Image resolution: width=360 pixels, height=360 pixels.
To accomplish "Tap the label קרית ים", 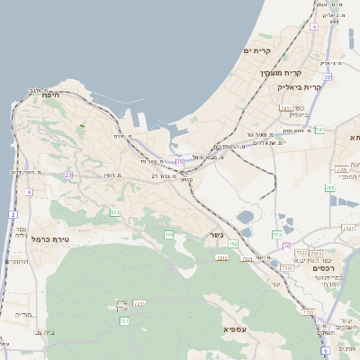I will (257, 51).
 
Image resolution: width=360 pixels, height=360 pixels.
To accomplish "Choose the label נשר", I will (216, 236).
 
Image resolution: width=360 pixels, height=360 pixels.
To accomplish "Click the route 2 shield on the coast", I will (13, 214).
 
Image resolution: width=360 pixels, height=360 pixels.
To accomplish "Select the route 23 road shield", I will (68, 175).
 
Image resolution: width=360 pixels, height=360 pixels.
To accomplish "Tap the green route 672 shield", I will (115, 212).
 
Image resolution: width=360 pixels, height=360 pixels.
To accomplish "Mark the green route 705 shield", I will (168, 234).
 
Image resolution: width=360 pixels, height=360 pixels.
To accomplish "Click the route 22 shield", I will (328, 77).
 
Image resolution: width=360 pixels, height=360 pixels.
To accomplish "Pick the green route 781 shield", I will (319, 130).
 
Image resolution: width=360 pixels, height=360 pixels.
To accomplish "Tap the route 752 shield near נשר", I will (233, 244).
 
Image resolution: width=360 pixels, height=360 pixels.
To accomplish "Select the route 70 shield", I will (286, 245).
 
